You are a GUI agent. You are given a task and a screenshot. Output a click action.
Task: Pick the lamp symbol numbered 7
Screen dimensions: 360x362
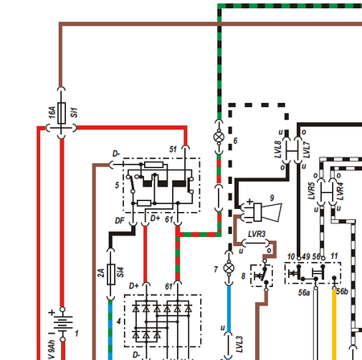(x=228, y=267)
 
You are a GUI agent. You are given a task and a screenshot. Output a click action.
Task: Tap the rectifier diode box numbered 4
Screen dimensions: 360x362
(x=162, y=321)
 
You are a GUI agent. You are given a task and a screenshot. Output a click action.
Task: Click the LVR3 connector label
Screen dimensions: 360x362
(x=257, y=234)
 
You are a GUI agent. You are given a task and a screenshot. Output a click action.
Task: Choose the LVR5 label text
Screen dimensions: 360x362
(x=311, y=193)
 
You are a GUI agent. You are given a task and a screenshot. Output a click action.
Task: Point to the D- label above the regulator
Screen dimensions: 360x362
(x=116, y=153)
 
